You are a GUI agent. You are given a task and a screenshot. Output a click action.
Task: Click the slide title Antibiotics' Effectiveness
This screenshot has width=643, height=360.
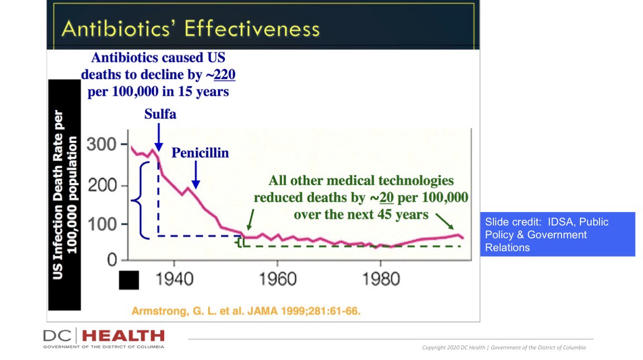191,28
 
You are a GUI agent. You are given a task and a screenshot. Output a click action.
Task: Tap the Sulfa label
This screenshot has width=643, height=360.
160,114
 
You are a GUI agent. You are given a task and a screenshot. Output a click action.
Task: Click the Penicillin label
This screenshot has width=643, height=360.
200,152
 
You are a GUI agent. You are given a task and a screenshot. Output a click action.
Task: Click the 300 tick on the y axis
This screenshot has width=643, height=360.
102,145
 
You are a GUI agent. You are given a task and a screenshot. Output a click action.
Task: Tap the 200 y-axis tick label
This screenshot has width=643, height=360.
102,186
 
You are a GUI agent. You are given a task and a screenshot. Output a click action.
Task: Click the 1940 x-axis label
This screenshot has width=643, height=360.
174,277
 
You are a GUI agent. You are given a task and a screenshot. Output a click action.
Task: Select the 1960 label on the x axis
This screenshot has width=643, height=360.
277,277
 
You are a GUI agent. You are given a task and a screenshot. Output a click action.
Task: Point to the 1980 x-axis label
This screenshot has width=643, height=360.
381,277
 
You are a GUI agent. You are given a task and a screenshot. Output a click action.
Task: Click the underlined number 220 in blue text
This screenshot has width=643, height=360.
225,75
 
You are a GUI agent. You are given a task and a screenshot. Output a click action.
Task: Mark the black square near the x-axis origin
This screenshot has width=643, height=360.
129,280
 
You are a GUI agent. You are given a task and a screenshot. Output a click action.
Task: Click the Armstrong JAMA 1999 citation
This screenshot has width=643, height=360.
246,311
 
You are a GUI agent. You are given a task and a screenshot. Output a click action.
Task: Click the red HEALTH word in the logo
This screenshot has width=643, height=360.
123,337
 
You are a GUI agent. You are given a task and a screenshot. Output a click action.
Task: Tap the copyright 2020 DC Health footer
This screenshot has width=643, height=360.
504,348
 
